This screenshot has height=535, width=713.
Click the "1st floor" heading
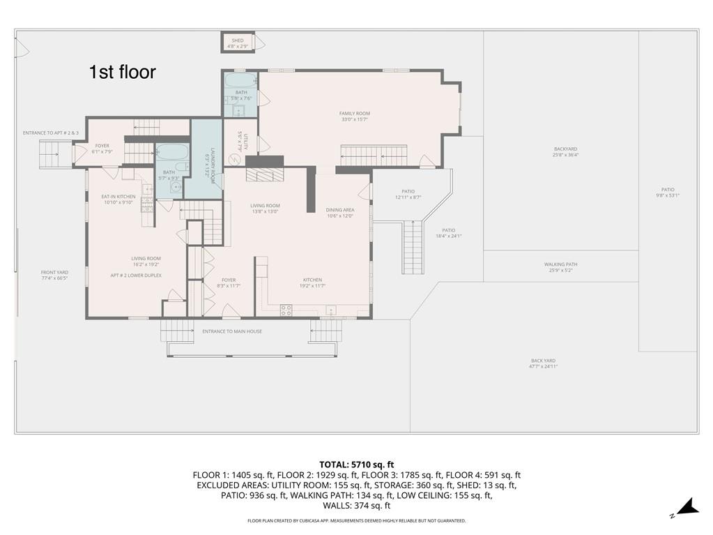[x=122, y=72]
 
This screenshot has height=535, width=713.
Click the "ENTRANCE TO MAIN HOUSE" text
[x=232, y=331]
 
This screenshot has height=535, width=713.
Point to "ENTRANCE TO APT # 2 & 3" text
[x=51, y=133]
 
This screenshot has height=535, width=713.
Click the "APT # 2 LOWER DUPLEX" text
[x=136, y=276]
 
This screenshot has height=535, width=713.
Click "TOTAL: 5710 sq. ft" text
[x=357, y=464]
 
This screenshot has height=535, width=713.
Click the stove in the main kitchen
[x=286, y=310]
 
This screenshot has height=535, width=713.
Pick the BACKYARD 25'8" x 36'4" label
[x=565, y=152]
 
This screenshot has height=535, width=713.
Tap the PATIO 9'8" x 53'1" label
[x=668, y=193]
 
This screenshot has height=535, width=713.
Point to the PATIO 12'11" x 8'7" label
[x=408, y=194]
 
